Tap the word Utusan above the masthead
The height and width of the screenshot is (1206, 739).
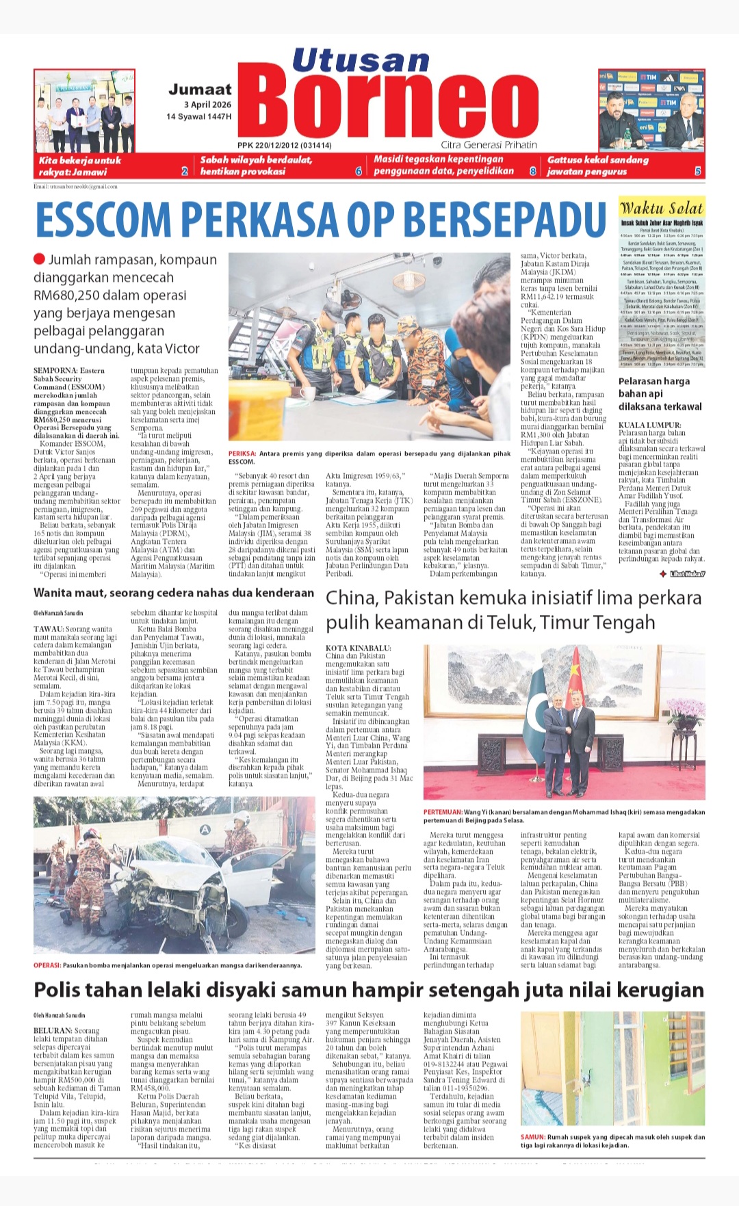(x=361, y=61)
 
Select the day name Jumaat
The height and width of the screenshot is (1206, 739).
(x=200, y=90)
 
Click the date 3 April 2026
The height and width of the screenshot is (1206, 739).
(x=207, y=105)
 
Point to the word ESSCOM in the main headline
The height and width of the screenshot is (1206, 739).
(x=103, y=220)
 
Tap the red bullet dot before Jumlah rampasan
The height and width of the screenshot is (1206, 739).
(x=40, y=259)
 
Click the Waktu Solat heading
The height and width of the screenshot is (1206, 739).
(x=661, y=209)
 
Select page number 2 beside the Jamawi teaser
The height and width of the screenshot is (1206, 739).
(x=184, y=171)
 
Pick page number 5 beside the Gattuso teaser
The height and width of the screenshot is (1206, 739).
(x=697, y=171)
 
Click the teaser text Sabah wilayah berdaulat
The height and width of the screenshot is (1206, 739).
(x=256, y=159)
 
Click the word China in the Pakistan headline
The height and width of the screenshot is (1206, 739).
(x=351, y=598)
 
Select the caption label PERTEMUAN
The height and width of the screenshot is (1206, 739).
(x=442, y=813)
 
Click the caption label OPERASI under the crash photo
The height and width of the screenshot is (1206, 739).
(x=47, y=965)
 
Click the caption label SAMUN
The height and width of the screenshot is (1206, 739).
(x=532, y=1137)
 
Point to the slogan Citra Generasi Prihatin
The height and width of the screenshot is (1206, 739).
(x=489, y=145)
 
